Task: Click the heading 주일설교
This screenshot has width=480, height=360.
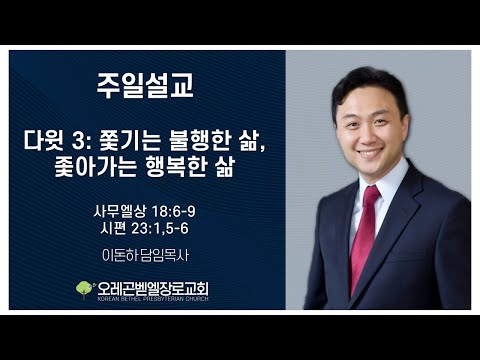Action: click(x=145, y=85)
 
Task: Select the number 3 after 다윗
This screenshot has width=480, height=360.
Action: click(x=78, y=142)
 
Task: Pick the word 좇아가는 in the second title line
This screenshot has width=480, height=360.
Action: click(x=95, y=166)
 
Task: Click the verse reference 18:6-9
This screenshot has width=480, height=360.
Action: click(x=173, y=211)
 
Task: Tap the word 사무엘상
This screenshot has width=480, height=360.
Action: click(x=120, y=211)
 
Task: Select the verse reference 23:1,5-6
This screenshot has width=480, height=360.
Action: click(x=160, y=229)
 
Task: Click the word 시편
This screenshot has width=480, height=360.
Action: click(x=113, y=229)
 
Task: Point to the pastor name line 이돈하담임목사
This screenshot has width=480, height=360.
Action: click(x=145, y=255)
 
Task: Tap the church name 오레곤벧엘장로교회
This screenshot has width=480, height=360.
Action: click(x=153, y=289)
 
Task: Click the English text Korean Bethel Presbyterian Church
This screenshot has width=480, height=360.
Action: click(x=153, y=299)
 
